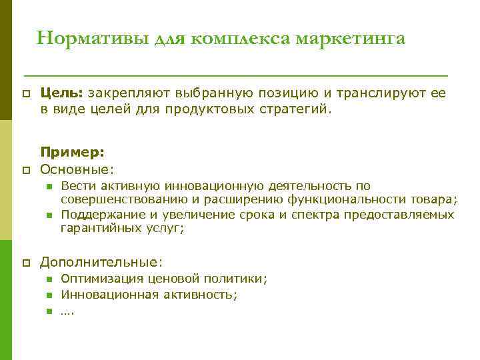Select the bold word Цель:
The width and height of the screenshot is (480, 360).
62,94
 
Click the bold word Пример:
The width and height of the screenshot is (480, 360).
72,152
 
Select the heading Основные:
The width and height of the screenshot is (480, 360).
77,167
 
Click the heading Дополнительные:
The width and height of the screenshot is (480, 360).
101,263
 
